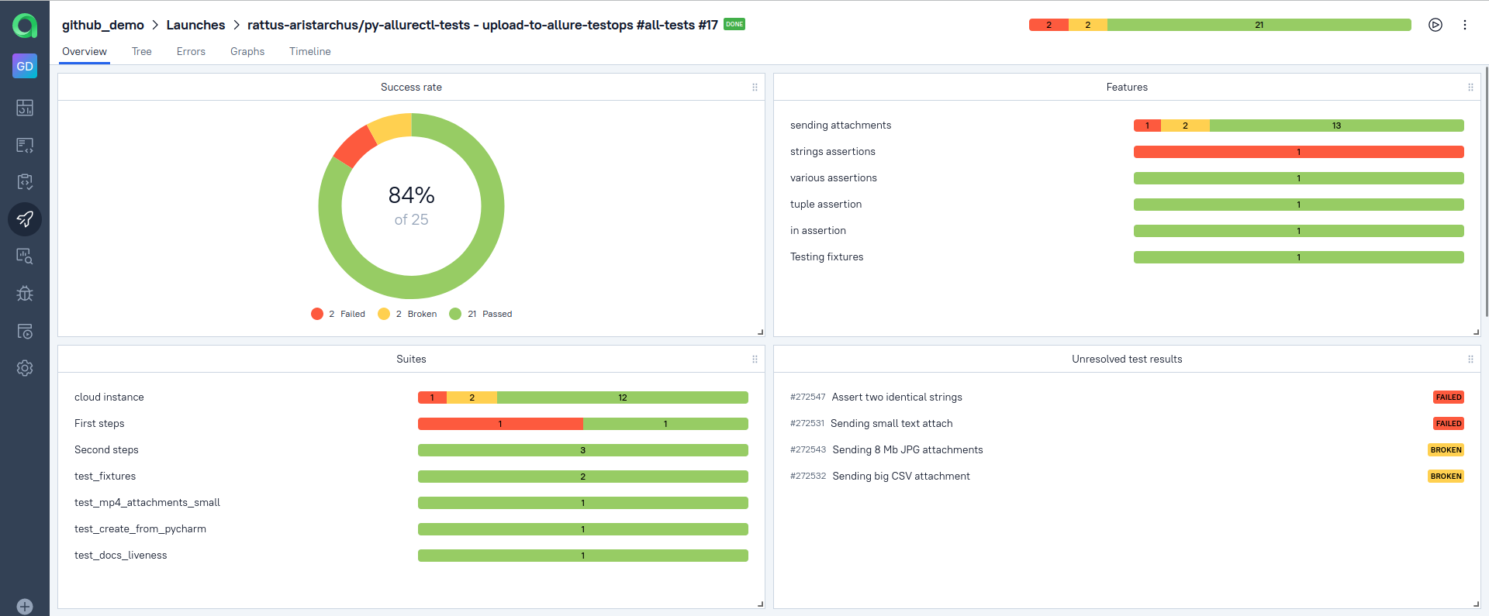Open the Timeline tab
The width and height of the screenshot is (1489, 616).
click(309, 52)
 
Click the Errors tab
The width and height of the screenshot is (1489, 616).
click(191, 52)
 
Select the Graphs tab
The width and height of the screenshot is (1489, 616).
click(247, 52)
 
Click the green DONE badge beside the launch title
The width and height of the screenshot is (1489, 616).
click(734, 24)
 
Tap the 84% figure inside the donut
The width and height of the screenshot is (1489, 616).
click(411, 195)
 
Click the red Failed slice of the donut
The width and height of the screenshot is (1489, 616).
click(354, 146)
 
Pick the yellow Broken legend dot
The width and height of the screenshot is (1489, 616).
click(384, 314)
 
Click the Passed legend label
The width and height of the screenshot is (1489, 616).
click(497, 314)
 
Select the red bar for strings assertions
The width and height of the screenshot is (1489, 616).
click(1298, 152)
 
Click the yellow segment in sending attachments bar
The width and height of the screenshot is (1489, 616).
click(1185, 126)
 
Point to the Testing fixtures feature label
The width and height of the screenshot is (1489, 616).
click(827, 257)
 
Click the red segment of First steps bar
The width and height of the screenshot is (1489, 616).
click(500, 424)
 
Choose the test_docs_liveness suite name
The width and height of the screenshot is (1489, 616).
click(121, 556)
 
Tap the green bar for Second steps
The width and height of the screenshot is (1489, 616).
click(582, 450)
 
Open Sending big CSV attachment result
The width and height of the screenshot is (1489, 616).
click(900, 477)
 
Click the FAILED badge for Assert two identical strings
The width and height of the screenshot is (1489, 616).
click(1448, 397)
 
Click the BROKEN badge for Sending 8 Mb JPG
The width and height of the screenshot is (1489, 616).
click(1446, 450)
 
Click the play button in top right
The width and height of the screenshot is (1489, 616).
click(1435, 25)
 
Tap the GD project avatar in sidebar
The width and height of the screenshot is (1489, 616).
click(25, 66)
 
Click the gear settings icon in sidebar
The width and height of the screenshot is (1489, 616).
click(25, 368)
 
